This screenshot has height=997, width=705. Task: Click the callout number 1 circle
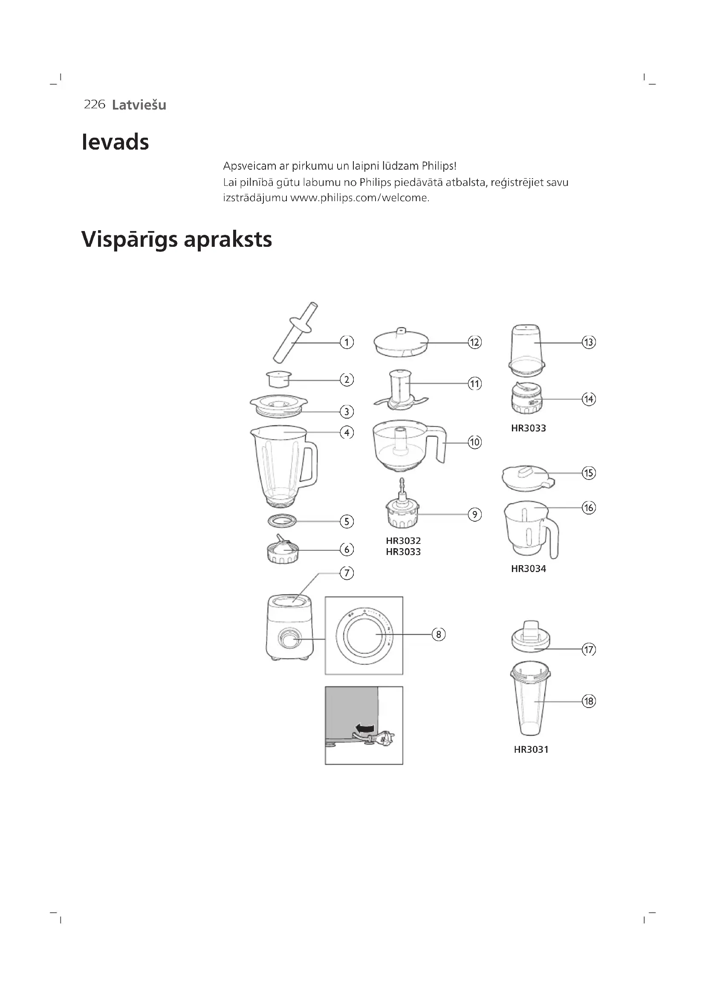[347, 342]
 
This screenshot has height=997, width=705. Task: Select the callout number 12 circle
[474, 342]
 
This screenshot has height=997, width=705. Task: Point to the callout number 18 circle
[589, 701]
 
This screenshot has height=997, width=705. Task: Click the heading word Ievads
[115, 142]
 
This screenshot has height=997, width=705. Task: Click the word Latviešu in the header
[139, 105]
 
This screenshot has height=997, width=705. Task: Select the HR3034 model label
[528, 569]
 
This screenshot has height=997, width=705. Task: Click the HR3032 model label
[403, 540]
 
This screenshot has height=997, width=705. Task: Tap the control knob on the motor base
[288, 639]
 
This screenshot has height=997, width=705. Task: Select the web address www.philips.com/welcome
[359, 198]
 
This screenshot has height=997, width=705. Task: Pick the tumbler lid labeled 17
[531, 639]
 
